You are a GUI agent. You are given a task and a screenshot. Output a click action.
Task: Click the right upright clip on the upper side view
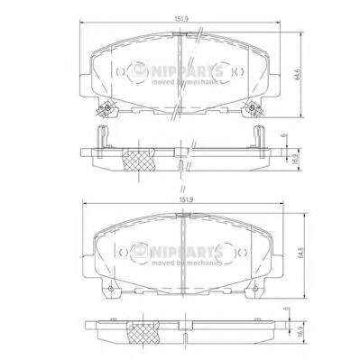pyautogui.click(x=260, y=135)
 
